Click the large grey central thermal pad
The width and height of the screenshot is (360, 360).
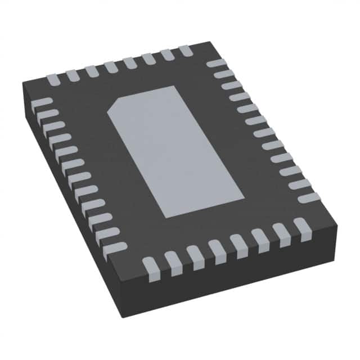tap(174, 152)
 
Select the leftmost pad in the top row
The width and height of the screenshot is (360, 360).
tap(53, 79)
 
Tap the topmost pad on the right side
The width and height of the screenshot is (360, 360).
tap(216, 63)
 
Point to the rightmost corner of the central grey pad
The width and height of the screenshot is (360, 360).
tap(244, 197)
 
